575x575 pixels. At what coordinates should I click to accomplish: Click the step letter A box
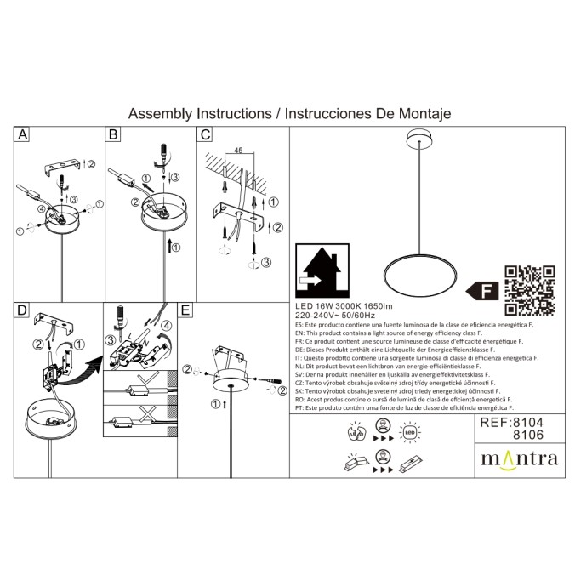click(23, 135)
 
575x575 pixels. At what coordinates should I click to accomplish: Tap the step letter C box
click(204, 135)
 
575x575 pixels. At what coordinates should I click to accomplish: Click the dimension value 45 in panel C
click(239, 151)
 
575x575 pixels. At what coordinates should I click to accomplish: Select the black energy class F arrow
click(486, 291)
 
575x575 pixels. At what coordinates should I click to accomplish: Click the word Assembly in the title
click(160, 112)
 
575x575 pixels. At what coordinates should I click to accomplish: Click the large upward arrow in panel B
click(173, 248)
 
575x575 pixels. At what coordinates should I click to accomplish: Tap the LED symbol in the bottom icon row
click(409, 433)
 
